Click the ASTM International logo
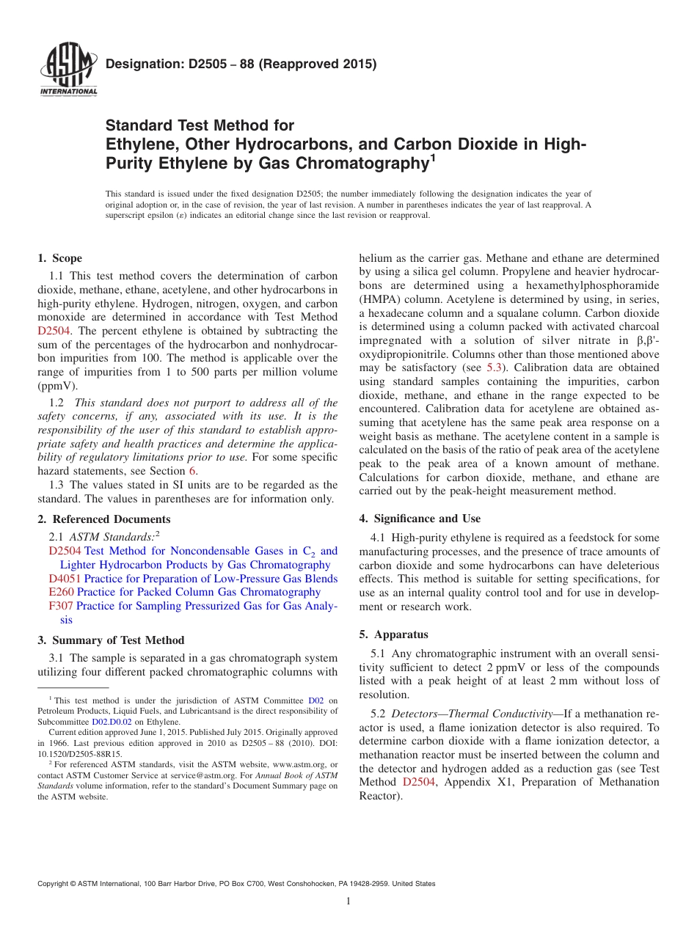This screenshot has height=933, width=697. point(67,70)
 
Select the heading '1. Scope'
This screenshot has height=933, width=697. point(59,258)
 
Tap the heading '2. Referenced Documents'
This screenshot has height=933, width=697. point(93,519)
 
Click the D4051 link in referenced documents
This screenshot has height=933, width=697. point(64,579)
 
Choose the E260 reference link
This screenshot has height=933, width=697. point(60,592)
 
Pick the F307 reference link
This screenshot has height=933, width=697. point(60,606)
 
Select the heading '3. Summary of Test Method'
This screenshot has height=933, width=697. point(111,640)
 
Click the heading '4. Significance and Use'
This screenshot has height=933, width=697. point(420,519)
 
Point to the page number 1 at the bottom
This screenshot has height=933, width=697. point(348,901)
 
